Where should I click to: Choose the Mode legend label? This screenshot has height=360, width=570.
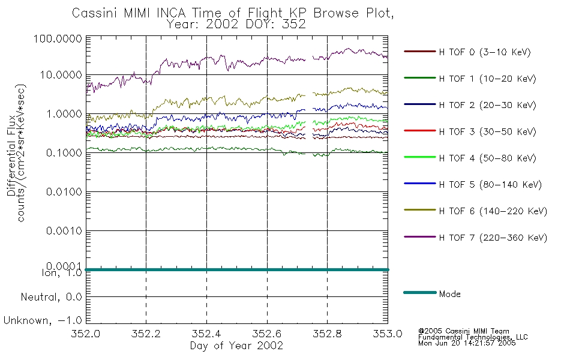click(x=449, y=294)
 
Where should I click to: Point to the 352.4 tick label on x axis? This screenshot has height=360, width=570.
click(x=206, y=334)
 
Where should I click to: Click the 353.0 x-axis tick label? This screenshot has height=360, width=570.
click(x=388, y=334)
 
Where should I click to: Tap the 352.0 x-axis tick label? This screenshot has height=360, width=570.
click(x=86, y=334)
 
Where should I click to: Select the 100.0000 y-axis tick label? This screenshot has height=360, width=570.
click(x=58, y=38)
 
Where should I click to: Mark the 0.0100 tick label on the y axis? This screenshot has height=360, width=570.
click(x=64, y=191)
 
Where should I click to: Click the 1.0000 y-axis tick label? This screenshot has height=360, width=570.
click(x=64, y=114)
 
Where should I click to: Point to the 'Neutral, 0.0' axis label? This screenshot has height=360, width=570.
click(x=51, y=297)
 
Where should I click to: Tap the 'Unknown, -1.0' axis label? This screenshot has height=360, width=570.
click(x=43, y=320)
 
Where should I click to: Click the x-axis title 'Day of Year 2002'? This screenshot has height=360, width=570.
click(x=236, y=346)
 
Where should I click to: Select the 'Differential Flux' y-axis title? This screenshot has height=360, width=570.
click(x=11, y=155)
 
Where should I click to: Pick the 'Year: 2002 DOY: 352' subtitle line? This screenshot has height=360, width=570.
click(x=236, y=24)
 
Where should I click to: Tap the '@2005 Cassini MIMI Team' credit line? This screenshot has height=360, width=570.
click(x=464, y=331)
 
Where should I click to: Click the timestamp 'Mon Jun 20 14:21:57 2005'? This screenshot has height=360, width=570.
click(x=467, y=343)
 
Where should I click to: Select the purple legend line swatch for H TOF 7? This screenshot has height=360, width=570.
click(x=420, y=237)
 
